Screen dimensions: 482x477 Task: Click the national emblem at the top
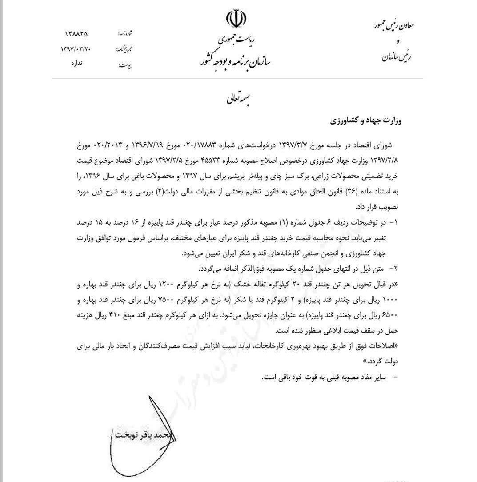(x=236, y=19)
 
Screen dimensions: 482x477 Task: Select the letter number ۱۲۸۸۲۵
(x=77, y=34)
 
